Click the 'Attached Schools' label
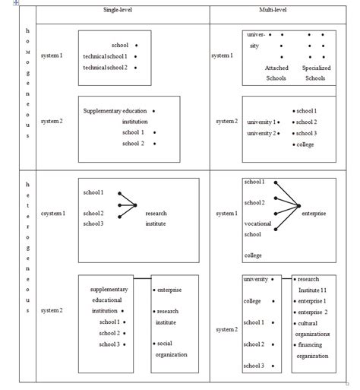pos(276,73)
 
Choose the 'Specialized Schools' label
pos(317,73)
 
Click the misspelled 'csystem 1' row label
pos(53,214)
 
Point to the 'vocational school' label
pos(257,229)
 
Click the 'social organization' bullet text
pos(171,349)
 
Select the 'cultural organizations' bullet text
pos(313,328)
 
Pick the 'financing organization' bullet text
pos(313,350)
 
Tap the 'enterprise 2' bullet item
pos(312,312)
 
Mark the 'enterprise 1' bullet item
pos(312,301)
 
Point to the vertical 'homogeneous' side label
pos(27,83)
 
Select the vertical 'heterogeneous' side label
pos(27,247)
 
